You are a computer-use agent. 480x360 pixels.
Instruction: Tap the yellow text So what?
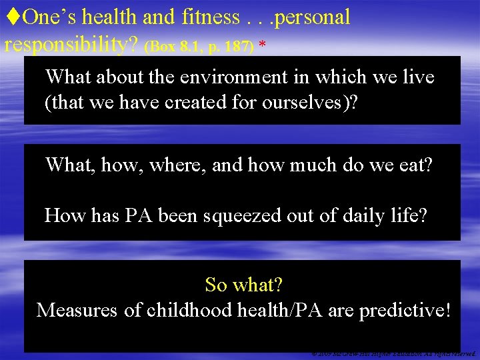click(244, 285)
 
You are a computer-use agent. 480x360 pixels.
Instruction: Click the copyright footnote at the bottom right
click(394, 354)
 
